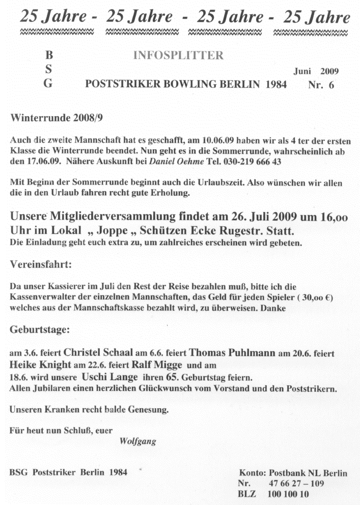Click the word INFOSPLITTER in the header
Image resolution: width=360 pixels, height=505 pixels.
pos(178,56)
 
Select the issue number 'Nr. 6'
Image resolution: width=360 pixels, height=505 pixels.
pos(321,85)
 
